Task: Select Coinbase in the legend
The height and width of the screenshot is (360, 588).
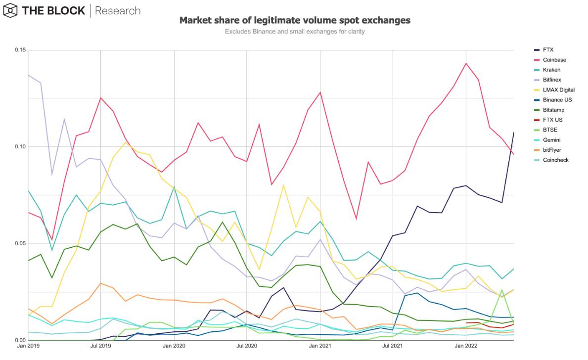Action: (x=554, y=60)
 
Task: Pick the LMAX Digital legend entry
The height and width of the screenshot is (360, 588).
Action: (x=558, y=90)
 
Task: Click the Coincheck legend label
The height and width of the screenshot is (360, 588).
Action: (x=555, y=160)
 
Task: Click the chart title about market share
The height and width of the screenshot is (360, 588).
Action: (x=294, y=20)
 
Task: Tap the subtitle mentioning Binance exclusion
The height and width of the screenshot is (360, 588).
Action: (x=294, y=32)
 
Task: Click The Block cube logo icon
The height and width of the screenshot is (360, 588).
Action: (x=9, y=10)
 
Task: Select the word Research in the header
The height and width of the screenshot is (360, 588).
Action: (x=117, y=10)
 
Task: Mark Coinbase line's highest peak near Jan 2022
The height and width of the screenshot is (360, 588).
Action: (x=465, y=63)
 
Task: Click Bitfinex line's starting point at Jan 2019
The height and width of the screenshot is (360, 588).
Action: (x=29, y=75)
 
